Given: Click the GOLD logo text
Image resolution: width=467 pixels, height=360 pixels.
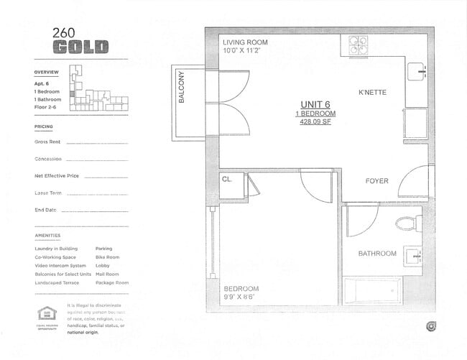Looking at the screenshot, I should coord(80,47).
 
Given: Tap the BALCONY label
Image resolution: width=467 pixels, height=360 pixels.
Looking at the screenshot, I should coord(182,87).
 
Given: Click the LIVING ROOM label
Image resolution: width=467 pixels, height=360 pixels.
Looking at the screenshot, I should coord(245,42).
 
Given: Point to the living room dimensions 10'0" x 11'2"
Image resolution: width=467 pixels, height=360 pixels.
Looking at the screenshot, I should coord(244,51).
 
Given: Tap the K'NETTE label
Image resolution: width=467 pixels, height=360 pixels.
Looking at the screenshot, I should coord(374,93).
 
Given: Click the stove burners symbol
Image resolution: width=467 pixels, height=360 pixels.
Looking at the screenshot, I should coord(359,45).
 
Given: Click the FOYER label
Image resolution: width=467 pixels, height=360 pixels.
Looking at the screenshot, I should coord(376,181).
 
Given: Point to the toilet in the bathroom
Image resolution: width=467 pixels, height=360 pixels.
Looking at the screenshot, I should coord(409,223).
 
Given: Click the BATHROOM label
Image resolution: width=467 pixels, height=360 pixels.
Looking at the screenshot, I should coord(377,254).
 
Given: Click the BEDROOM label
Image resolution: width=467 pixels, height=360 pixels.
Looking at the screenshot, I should coord(241,289).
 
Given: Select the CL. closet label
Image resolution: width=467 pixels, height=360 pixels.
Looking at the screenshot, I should coord(227,180).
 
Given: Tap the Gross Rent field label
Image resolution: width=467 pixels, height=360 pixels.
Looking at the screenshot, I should coord(47,142).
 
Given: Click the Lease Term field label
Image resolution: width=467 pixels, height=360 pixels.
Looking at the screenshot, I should coord(47,193).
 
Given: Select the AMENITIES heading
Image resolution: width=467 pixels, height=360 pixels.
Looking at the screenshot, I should coord(47,236).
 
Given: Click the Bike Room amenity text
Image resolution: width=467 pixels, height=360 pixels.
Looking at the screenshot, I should coord(107,257).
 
